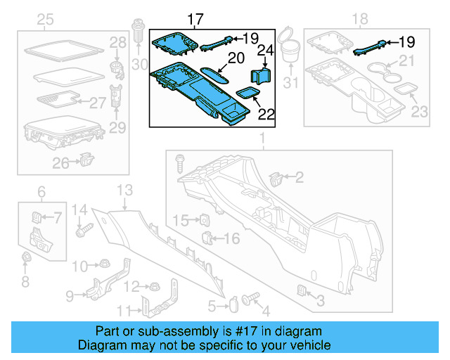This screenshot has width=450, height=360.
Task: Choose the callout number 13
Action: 124,190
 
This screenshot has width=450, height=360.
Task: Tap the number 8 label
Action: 26,282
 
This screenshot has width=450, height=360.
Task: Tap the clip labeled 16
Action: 207,237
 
